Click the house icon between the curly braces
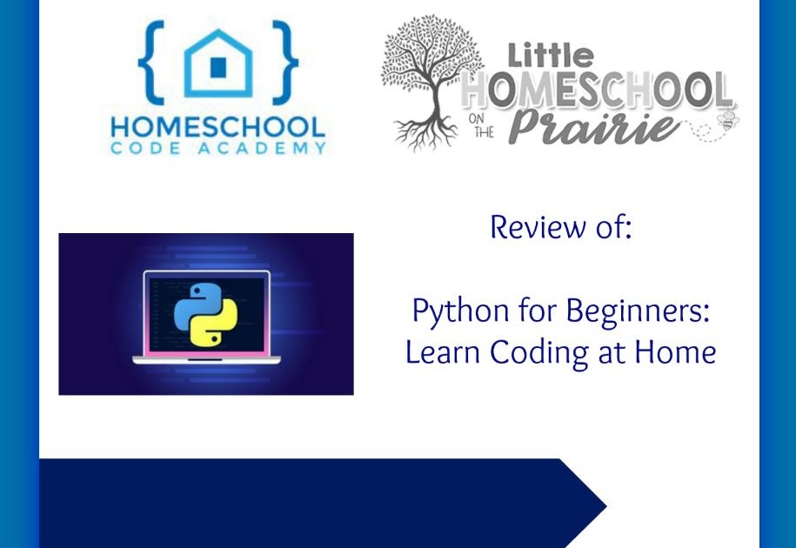pyautogui.click(x=217, y=63)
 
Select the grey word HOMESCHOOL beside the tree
pyautogui.click(x=597, y=90)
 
